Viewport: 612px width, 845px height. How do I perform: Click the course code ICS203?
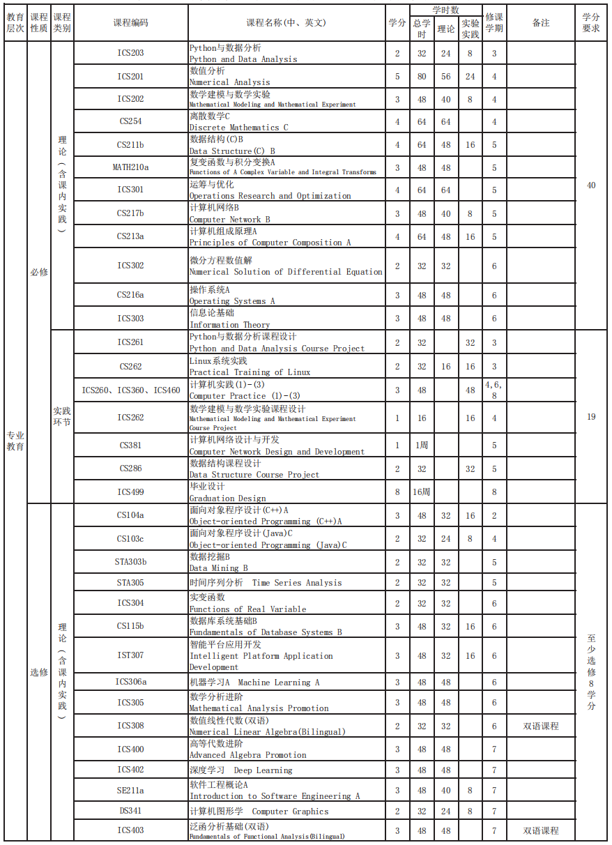pyautogui.click(x=130, y=53)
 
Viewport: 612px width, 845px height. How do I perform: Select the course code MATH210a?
pyautogui.click(x=130, y=167)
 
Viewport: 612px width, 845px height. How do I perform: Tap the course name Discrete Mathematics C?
pyautogui.click(x=238, y=122)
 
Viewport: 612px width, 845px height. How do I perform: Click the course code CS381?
pyautogui.click(x=130, y=446)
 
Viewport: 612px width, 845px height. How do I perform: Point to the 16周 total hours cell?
pyautogui.click(x=421, y=492)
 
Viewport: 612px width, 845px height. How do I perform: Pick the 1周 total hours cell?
pyautogui.click(x=421, y=446)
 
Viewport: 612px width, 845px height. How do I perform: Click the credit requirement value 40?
pyautogui.click(x=591, y=185)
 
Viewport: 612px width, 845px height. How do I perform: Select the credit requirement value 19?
pyautogui.click(x=591, y=417)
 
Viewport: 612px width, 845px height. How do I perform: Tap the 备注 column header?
pyautogui.click(x=541, y=23)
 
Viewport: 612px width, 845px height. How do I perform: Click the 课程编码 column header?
pyautogui.click(x=130, y=23)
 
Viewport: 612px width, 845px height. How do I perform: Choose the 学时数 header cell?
pyautogui.click(x=445, y=10)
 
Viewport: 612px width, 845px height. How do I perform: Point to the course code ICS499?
pyautogui.click(x=130, y=492)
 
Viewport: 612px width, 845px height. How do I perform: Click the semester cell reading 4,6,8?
pyautogui.click(x=494, y=390)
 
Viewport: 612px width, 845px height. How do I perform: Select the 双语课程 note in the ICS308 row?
pyautogui.click(x=541, y=726)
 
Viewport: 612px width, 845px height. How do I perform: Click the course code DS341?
pyautogui.click(x=130, y=811)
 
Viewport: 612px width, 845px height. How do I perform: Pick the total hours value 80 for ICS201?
pyautogui.click(x=421, y=77)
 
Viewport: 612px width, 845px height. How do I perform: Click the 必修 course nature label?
pyautogui.click(x=39, y=272)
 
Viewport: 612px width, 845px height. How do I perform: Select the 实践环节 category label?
pyautogui.click(x=62, y=417)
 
